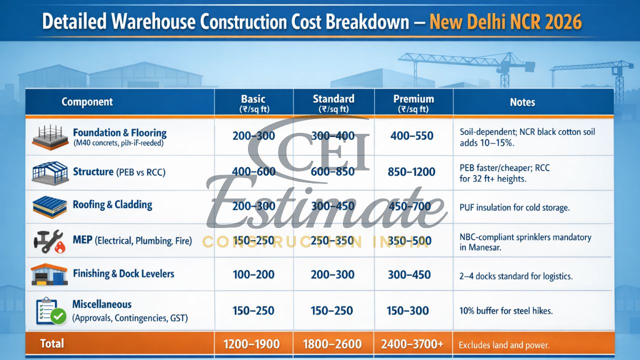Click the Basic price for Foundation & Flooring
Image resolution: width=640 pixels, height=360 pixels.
(x=253, y=135)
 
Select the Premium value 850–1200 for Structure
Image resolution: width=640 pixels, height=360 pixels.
(x=411, y=172)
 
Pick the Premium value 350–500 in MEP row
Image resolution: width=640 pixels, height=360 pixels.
(x=409, y=241)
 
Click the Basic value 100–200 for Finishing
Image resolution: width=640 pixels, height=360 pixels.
(x=253, y=274)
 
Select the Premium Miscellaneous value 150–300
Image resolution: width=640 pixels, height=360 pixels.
(x=407, y=310)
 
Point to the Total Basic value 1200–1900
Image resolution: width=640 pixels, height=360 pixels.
(x=252, y=344)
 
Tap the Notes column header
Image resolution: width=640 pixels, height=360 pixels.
(x=522, y=102)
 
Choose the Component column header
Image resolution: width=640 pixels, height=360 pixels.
(x=87, y=102)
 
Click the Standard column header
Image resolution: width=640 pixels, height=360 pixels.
(x=333, y=102)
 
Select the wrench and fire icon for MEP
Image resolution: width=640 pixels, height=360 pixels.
(x=48, y=240)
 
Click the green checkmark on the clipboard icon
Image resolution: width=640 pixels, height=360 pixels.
(x=58, y=315)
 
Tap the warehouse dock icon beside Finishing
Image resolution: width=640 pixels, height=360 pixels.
(x=49, y=275)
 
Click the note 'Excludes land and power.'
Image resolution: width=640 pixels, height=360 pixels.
(x=504, y=345)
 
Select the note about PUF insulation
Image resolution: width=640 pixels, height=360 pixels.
(x=514, y=207)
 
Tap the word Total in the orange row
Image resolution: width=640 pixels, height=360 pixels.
(x=52, y=343)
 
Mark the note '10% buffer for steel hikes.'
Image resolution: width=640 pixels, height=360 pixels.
(x=505, y=311)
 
